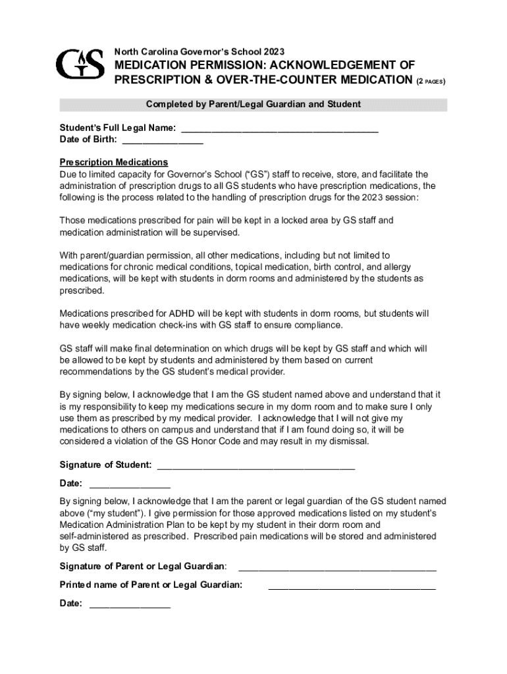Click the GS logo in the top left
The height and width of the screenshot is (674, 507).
click(80, 63)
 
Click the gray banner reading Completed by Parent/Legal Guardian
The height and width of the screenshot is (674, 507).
click(253, 105)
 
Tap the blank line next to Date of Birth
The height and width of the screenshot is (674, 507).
click(163, 140)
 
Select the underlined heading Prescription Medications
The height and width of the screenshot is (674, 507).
click(113, 162)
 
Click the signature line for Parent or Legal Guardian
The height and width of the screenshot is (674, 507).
click(336, 567)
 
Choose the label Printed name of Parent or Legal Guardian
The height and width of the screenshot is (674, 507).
click(151, 584)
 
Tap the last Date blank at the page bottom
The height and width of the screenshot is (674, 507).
click(130, 604)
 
